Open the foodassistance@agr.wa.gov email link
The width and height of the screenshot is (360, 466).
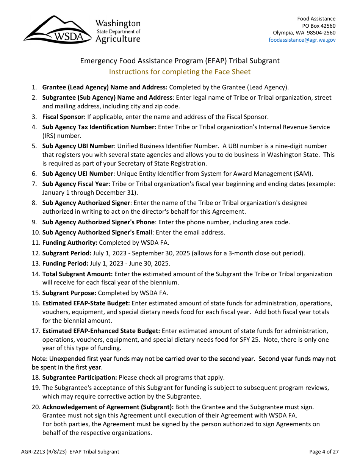click(302, 40)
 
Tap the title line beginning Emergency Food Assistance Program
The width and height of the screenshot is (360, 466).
click(180, 61)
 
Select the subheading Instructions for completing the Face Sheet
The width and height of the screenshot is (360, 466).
click(180, 72)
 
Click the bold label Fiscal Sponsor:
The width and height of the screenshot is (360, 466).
click(64, 117)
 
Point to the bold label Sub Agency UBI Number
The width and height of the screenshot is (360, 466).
click(78, 146)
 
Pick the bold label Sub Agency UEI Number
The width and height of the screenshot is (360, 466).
click(77, 174)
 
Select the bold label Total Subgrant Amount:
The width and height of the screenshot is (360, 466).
click(77, 274)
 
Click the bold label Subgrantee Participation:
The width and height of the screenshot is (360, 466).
click(80, 377)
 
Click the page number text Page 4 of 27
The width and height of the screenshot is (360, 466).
click(324, 452)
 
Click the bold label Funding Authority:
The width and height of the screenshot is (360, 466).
click(70, 242)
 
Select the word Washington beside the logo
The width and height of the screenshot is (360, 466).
click(117, 23)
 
